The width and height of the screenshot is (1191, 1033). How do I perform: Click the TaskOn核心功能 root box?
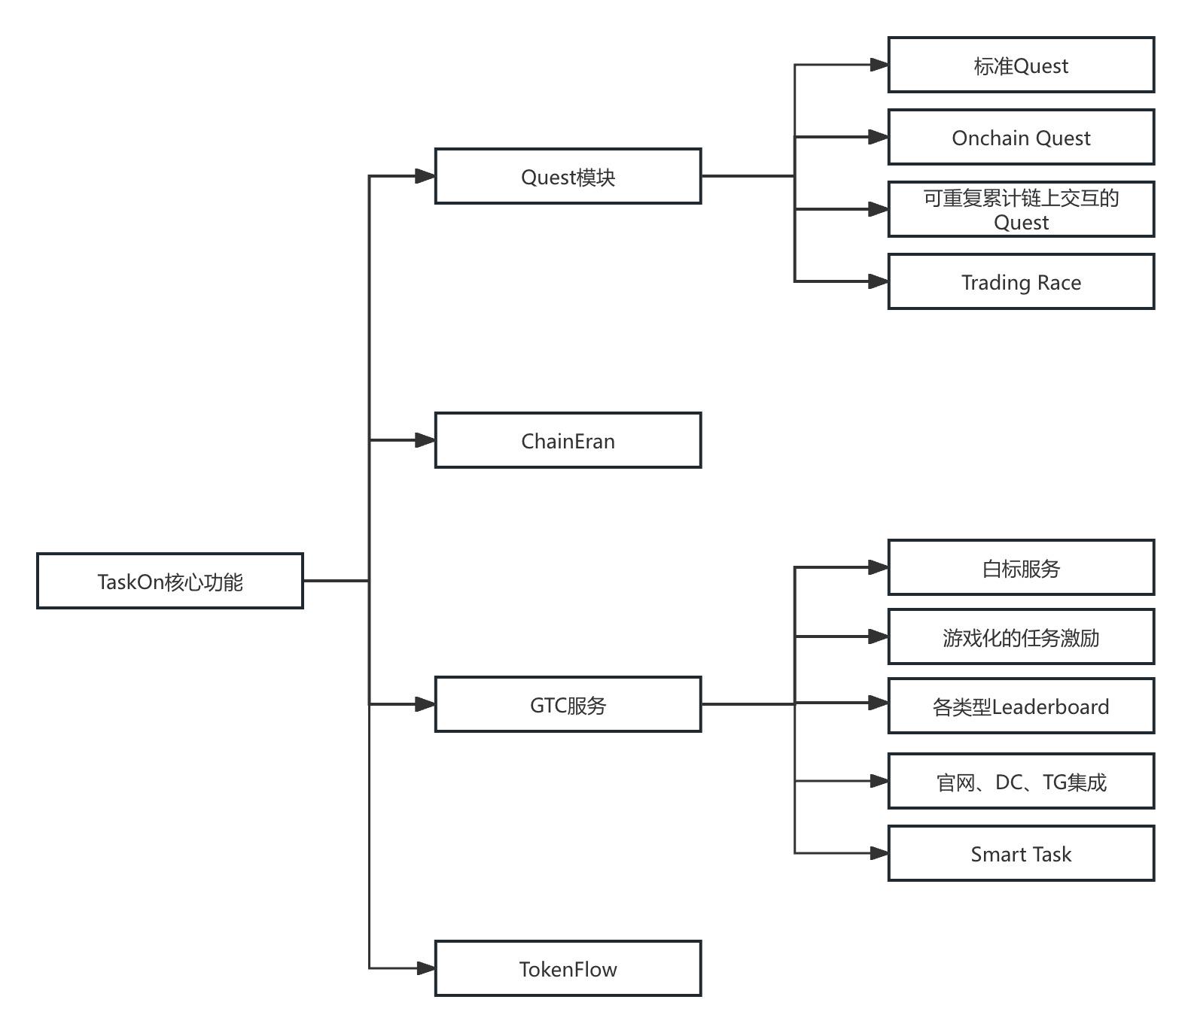click(170, 581)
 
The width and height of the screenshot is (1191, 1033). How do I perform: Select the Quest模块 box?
click(568, 176)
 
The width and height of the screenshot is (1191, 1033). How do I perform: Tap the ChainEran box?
click(568, 440)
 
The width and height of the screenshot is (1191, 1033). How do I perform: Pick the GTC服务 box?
click(568, 704)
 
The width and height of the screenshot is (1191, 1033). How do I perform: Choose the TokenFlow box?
click(568, 968)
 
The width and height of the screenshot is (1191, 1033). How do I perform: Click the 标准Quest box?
click(1021, 65)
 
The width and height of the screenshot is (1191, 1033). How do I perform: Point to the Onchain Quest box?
click(1021, 137)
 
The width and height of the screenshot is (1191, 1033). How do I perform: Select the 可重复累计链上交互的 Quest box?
click(1021, 209)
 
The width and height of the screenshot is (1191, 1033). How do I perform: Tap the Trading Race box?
click(1021, 281)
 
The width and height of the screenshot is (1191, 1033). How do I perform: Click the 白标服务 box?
click(1021, 567)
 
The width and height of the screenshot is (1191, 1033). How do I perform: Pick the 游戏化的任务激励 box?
click(1021, 637)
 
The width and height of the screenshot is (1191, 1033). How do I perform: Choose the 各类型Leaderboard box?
click(1021, 706)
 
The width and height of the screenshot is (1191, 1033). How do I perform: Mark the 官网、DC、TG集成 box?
click(1021, 781)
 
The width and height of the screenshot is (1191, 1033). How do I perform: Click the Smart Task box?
click(1021, 853)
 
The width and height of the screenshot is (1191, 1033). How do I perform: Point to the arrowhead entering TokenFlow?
click(426, 968)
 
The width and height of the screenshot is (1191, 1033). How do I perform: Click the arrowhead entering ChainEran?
click(426, 440)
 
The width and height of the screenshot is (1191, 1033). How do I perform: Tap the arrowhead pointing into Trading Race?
click(879, 281)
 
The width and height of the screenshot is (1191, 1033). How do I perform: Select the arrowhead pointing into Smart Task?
click(879, 853)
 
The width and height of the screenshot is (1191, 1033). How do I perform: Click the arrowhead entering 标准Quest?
click(879, 65)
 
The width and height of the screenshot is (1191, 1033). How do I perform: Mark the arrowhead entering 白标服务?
click(879, 567)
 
